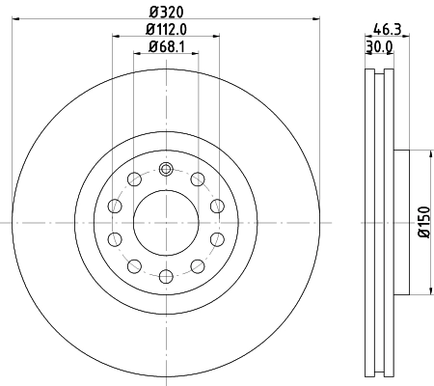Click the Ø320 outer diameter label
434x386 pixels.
[165, 13]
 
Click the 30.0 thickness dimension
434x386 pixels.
[378, 44]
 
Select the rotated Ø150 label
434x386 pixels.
[422, 222]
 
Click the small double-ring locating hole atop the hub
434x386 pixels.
[165, 169]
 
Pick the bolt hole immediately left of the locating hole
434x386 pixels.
[134, 179]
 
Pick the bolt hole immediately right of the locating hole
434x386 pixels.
[197, 179]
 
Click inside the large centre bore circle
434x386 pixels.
[165, 222]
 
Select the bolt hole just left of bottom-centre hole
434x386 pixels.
[134, 265]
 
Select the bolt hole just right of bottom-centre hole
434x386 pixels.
[197, 265]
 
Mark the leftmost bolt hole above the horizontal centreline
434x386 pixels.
[115, 205]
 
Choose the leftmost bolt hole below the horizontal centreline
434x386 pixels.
[115, 239]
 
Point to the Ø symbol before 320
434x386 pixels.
[152, 13]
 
